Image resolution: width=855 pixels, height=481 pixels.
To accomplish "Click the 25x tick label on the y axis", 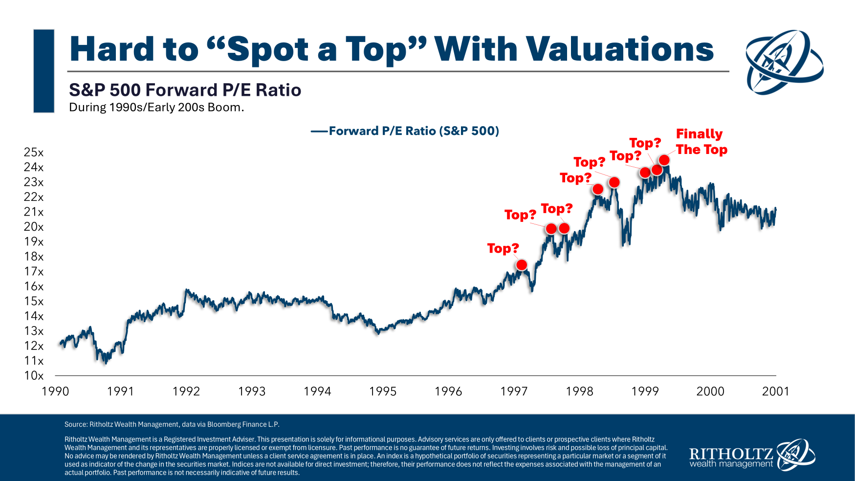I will pos(34,153).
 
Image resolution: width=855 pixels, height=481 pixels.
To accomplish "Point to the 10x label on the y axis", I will pos(34,375).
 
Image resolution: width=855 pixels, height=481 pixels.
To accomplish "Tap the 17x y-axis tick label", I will pos(34,271).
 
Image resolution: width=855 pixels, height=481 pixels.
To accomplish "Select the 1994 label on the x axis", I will pos(317,391).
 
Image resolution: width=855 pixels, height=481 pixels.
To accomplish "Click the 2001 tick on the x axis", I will pos(775,391).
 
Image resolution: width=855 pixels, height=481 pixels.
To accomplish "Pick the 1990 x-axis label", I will pos(55,391).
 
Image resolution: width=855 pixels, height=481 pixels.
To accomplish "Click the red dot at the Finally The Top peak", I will pos(664,160).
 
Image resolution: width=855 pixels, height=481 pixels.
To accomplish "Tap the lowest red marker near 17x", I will pos(522,265).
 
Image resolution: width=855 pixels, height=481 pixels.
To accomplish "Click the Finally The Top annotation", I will pos(701,142).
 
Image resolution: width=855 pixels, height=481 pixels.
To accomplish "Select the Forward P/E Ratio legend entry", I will pos(405,131).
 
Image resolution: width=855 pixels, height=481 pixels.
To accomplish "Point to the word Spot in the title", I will pos(268,49).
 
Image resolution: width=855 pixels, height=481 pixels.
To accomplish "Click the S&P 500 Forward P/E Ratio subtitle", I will pos(185,90).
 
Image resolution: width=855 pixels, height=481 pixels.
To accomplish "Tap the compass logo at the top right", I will pos(785,62).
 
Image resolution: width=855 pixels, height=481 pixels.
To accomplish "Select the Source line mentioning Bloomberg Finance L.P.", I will pos(172,424).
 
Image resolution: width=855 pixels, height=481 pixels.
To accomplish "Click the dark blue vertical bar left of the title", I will pos(44,71).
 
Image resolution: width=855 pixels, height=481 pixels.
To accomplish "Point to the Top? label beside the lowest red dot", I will pos(503,248).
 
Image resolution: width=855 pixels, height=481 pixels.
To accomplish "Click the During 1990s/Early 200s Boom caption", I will pos(156,108).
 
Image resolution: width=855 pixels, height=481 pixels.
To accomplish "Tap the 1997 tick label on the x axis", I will pos(514,391).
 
